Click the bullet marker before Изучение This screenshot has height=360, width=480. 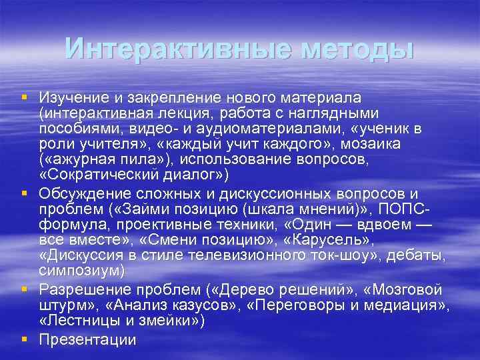24,97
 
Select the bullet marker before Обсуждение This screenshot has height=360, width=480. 24,193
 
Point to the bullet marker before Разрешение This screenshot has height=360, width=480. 24,289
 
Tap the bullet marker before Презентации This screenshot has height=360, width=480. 24,339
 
